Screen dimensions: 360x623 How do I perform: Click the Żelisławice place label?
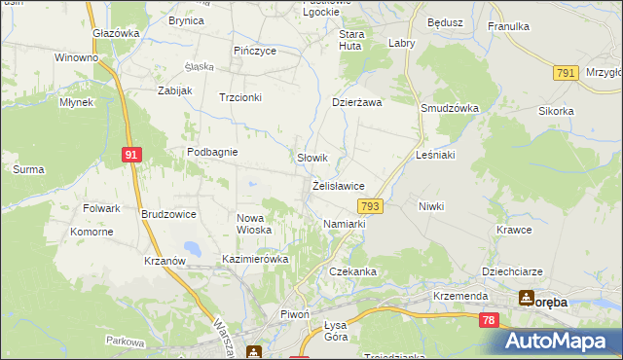point(338,185)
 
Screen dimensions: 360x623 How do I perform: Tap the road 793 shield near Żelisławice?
point(370,206)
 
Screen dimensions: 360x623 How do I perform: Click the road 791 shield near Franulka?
point(565,74)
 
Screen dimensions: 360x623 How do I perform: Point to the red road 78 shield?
point(489,320)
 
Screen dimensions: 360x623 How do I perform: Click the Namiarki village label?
point(344,224)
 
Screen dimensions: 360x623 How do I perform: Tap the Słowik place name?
point(311,158)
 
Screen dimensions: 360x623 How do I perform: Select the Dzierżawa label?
point(357,101)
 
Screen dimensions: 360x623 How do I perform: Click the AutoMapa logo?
point(560,341)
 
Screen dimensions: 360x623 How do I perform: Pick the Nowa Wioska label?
point(254,224)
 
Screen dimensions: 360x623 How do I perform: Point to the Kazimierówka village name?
point(255,260)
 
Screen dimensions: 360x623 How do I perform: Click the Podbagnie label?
point(213,152)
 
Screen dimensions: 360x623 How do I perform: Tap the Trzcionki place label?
point(239,97)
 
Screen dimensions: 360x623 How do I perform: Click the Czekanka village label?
point(351,271)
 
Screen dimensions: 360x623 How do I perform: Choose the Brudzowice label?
point(168,214)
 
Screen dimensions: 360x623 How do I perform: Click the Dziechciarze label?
point(510,271)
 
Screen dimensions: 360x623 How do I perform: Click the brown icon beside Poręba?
point(526,299)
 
